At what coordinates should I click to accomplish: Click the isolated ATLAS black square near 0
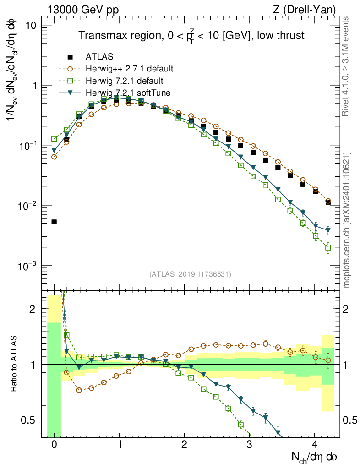(54, 222)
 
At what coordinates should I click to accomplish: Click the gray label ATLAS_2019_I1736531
(190, 274)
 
